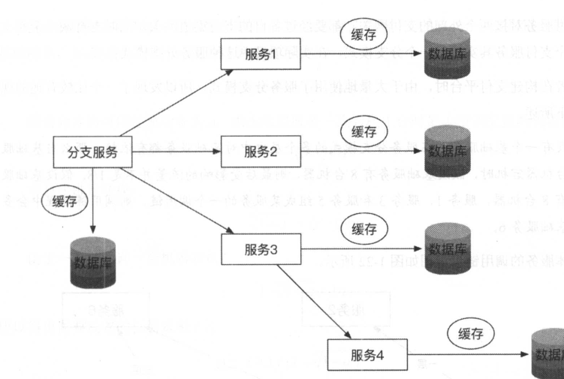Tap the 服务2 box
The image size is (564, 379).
(256, 152)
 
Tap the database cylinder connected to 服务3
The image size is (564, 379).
(451, 248)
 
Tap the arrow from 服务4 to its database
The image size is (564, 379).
(466, 353)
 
